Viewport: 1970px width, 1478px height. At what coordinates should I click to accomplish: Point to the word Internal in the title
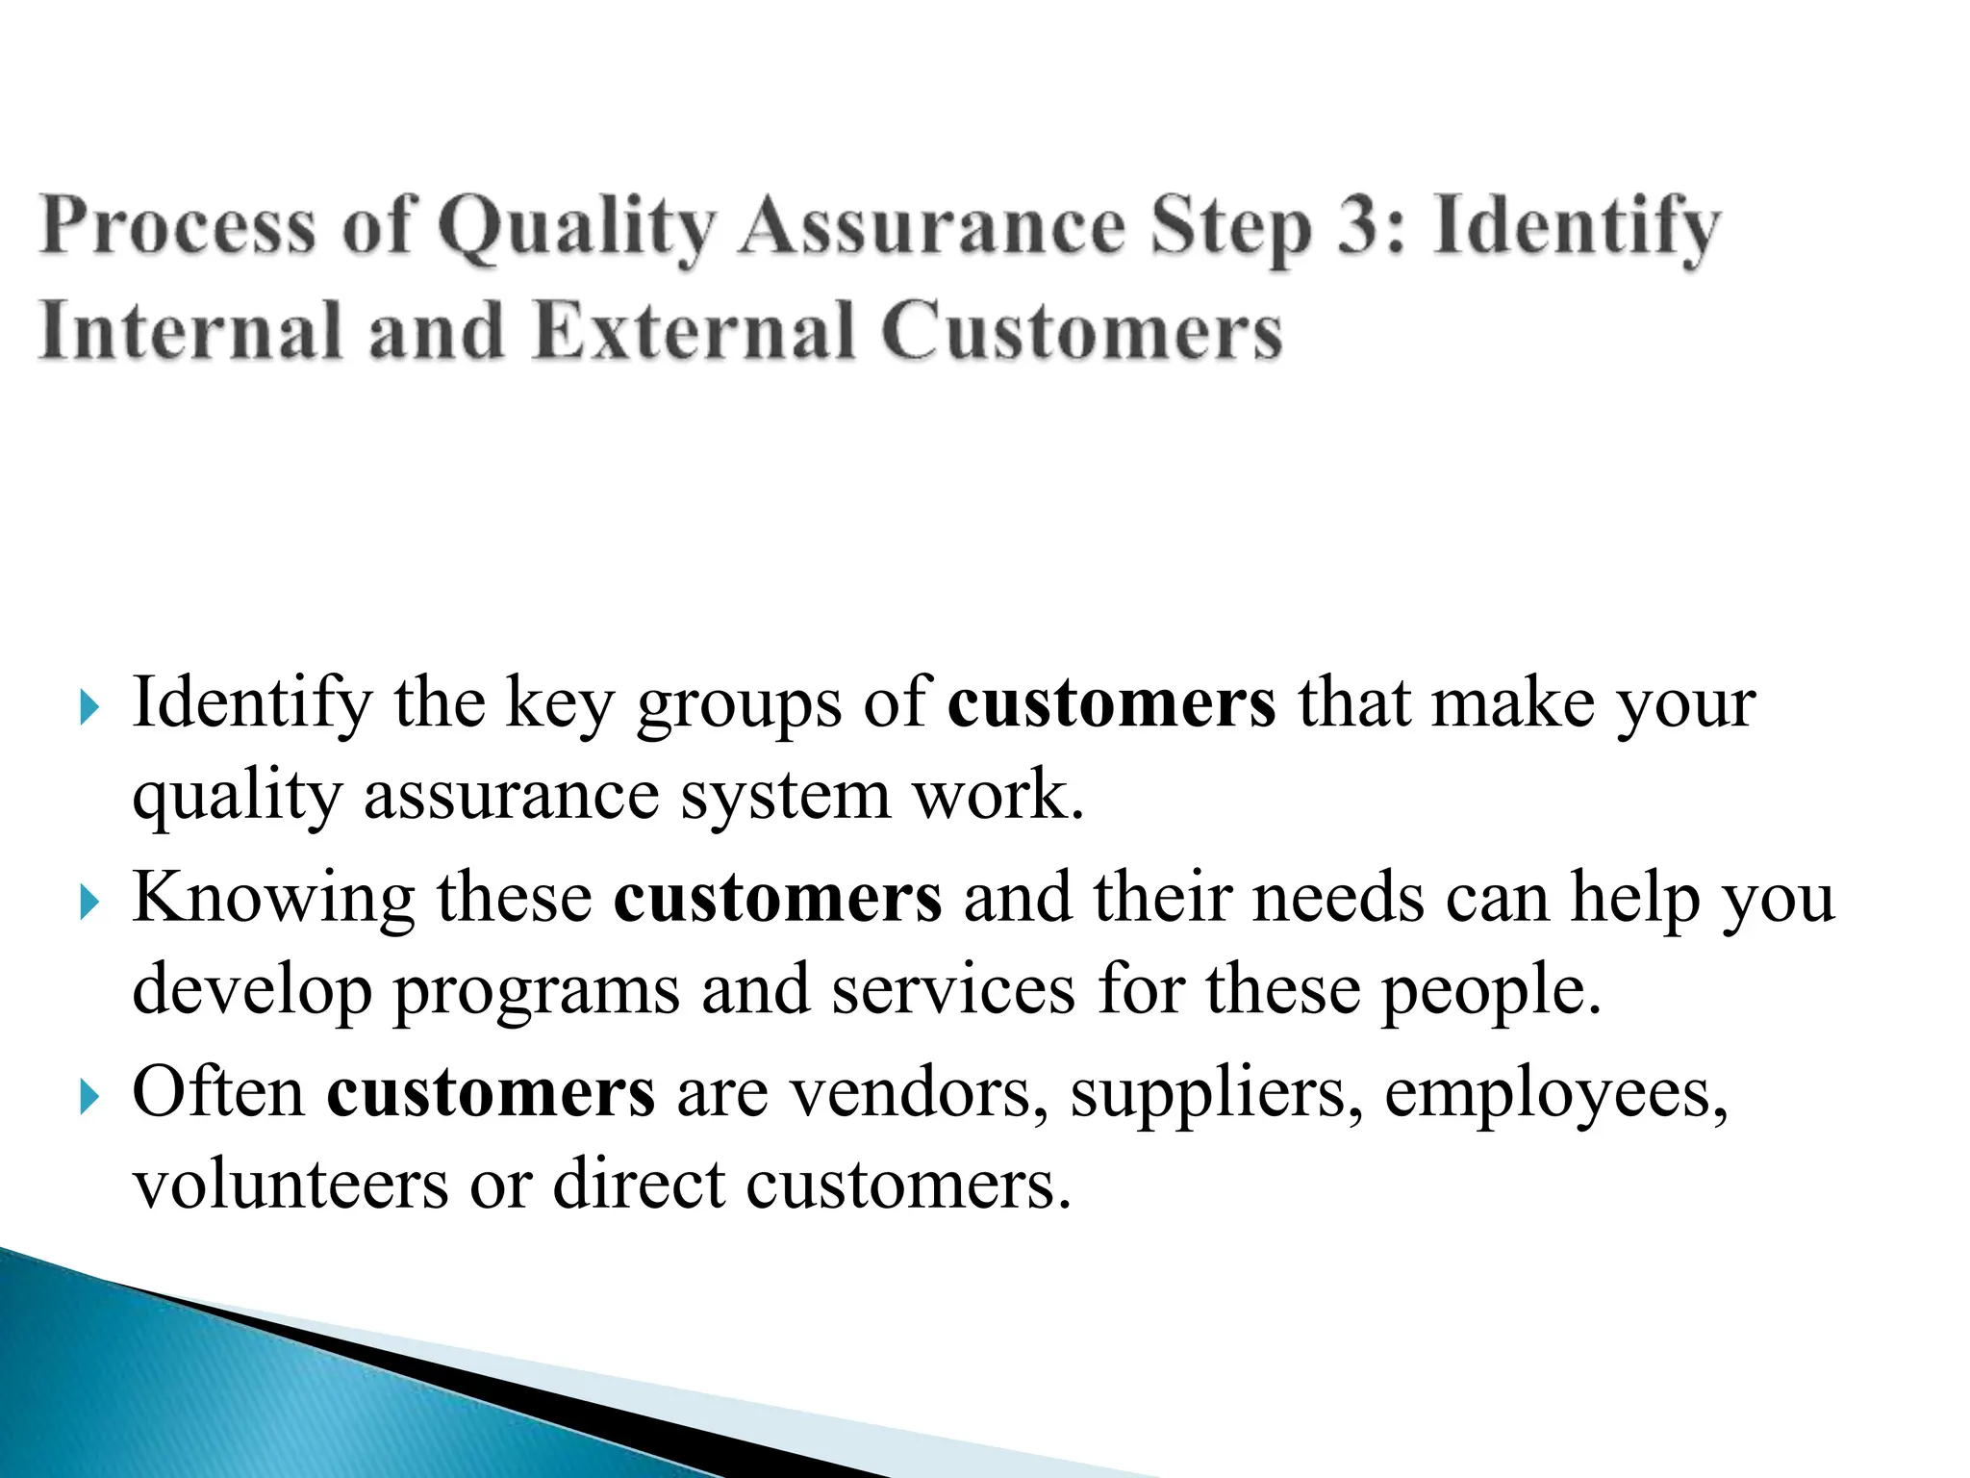click(x=190, y=331)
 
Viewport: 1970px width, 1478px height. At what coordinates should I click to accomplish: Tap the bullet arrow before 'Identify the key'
click(x=89, y=710)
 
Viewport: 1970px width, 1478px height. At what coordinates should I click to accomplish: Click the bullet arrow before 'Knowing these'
click(x=89, y=904)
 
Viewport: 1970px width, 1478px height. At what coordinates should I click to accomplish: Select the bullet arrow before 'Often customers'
click(x=89, y=1097)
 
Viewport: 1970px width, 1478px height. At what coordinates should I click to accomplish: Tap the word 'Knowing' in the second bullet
click(x=273, y=899)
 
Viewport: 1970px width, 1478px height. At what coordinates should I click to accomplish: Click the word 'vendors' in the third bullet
click(x=919, y=1093)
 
